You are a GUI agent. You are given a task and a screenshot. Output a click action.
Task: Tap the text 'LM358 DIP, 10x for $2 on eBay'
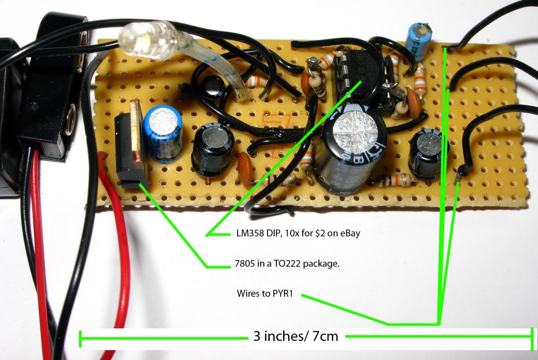(298, 233)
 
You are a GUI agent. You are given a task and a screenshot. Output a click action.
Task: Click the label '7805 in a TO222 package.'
(287, 264)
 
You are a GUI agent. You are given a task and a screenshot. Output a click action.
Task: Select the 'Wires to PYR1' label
(265, 293)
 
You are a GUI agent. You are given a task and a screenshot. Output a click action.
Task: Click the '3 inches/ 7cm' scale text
(296, 336)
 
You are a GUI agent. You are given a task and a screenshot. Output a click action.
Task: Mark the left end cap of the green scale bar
(80, 339)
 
